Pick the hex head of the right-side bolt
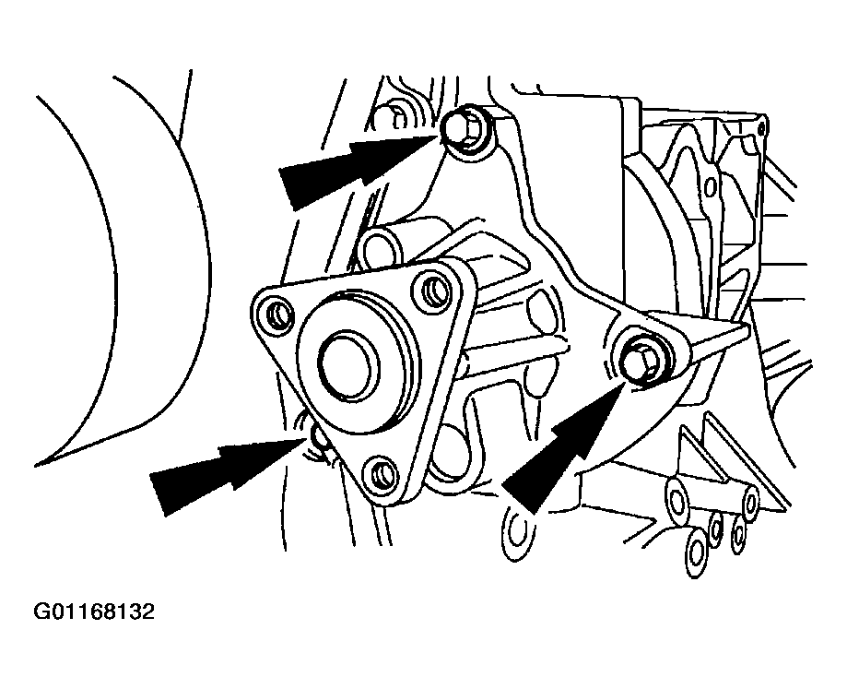tap(642, 361)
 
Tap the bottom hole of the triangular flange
tap(382, 473)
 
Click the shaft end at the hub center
tap(347, 365)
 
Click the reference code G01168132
tap(94, 612)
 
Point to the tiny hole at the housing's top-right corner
tap(760, 128)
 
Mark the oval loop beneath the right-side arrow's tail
tap(519, 532)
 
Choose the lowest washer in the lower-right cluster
tap(696, 554)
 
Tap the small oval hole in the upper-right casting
tap(711, 187)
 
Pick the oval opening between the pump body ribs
tap(541, 315)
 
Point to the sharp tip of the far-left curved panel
tap(38, 465)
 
